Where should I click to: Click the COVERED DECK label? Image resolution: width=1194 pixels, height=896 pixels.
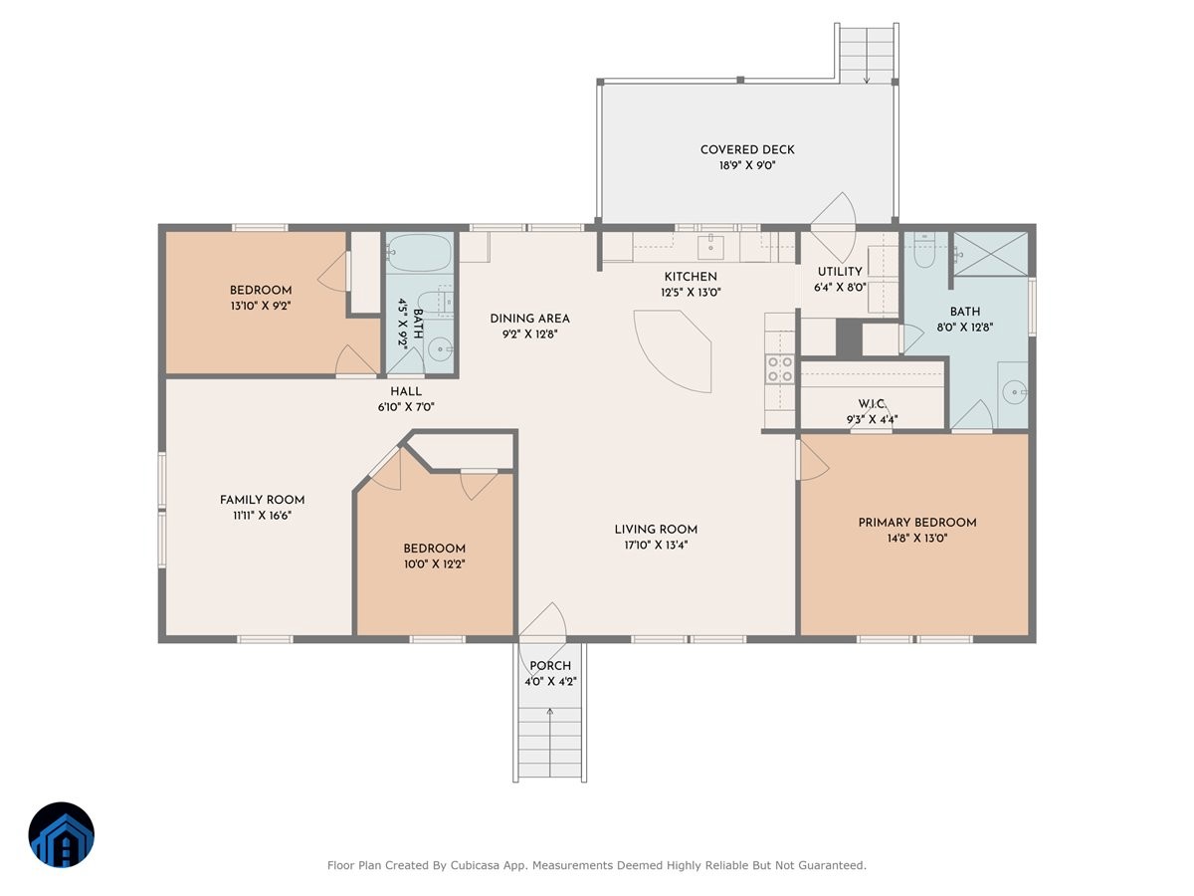(747, 150)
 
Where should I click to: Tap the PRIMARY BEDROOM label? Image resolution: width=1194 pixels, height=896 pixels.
(916, 523)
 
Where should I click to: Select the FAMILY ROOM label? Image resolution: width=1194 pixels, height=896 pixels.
(262, 500)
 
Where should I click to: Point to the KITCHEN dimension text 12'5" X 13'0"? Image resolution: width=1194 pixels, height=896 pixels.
(691, 293)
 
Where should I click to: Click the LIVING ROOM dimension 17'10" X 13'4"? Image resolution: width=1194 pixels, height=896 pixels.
(656, 546)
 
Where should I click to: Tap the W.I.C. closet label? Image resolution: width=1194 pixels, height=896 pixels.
(872, 403)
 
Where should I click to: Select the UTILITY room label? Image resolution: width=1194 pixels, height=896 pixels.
(840, 272)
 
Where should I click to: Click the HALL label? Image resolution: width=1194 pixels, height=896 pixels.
(405, 391)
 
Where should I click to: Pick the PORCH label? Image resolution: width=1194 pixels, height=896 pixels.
(550, 666)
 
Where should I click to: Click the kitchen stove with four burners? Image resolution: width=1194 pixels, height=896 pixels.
(779, 369)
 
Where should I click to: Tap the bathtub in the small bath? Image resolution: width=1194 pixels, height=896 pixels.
(419, 253)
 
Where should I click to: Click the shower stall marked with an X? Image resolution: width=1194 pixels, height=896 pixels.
(990, 253)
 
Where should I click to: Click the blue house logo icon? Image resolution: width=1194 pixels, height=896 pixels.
(61, 835)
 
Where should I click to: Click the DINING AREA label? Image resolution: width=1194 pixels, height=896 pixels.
(529, 319)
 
